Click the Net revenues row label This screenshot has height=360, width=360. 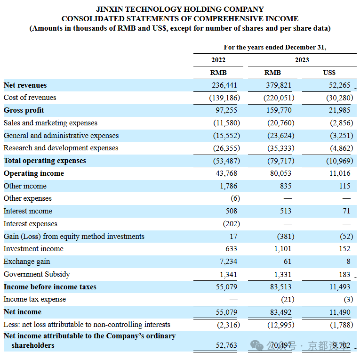25,85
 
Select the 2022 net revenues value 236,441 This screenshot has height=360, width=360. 224,85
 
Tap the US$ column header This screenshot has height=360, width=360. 329,73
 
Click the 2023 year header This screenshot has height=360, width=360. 302,60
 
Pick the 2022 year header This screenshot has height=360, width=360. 218,60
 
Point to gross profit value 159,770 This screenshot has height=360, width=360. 279,110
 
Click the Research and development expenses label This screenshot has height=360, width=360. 61,148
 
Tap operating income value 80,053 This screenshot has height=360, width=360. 280,173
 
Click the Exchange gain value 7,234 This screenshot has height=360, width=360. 228,262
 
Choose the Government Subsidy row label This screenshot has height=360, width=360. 37,274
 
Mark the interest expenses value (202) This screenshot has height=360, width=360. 232,224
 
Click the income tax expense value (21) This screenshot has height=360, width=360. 288,300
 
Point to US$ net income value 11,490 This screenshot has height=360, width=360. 340,312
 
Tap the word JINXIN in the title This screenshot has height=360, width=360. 109,9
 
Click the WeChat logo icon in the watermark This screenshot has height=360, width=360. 256,345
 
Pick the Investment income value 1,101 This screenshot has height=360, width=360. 283,249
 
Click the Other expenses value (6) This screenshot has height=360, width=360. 235,199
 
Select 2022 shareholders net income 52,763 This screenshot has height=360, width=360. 226,345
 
